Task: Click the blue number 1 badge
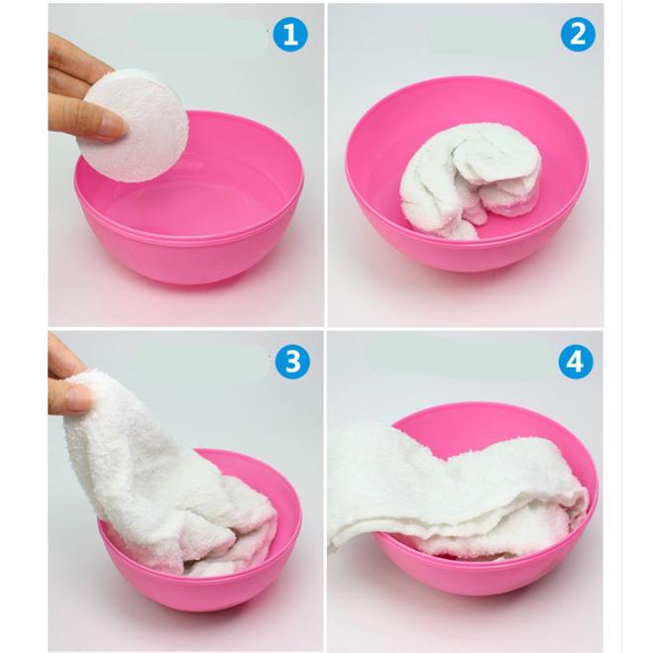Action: coord(290,34)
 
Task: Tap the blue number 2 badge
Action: coord(578,34)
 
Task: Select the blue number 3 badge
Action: coord(292,361)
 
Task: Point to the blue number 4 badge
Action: coord(576,361)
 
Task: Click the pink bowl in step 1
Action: coord(189,200)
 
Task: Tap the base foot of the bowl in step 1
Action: coord(196,279)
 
